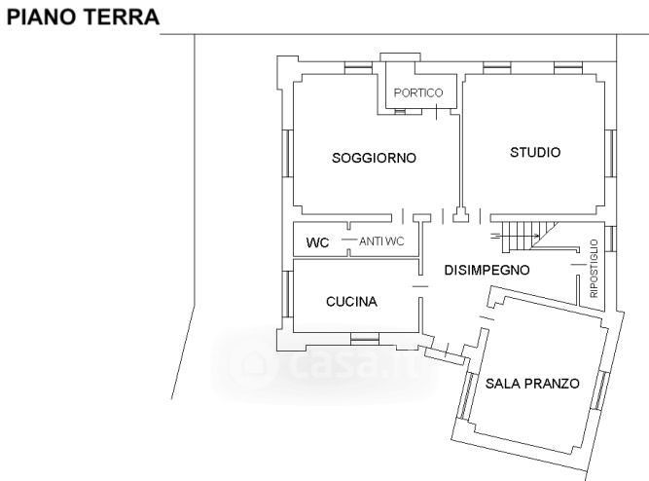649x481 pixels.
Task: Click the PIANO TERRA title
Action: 84,17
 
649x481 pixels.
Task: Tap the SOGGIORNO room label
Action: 374,158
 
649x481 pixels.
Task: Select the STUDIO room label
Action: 535,153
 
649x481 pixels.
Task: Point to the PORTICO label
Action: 418,92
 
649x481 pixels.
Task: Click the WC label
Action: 317,242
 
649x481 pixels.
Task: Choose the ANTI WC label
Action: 381,241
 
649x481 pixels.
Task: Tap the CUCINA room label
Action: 351,302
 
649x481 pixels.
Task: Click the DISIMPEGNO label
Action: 487,270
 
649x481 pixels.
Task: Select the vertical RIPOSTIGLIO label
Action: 594,269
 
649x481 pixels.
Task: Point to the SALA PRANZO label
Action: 532,384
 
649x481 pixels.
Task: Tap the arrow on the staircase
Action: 515,237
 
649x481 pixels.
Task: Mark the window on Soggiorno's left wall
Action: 287,153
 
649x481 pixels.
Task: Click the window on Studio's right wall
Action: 610,153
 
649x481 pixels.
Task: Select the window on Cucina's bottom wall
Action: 365,340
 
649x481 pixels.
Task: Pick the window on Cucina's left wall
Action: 287,294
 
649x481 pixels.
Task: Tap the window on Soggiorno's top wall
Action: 358,67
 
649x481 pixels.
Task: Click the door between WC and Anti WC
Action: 349,240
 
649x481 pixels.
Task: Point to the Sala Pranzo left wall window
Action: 466,394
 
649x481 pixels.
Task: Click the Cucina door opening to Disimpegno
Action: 420,286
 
